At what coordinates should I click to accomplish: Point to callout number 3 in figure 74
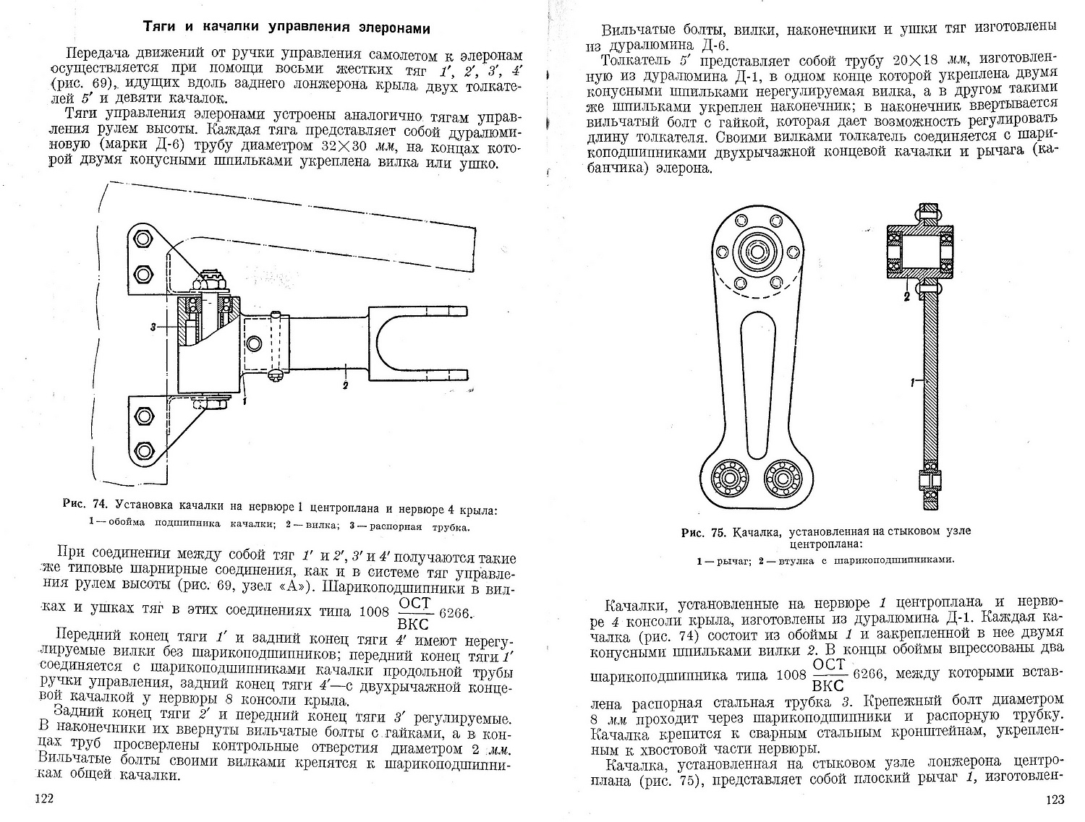(x=154, y=327)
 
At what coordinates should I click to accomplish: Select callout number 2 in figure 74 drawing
(x=346, y=385)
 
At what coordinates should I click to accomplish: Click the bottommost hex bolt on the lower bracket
(x=143, y=450)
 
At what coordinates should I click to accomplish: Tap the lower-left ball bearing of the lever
(x=726, y=476)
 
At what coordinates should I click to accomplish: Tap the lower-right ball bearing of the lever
(x=781, y=476)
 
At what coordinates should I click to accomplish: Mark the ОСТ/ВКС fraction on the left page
(x=414, y=614)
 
